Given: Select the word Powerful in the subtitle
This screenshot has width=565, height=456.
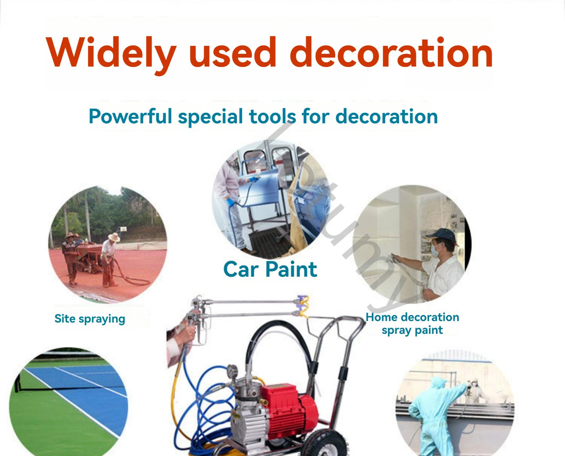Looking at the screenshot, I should tap(130, 116).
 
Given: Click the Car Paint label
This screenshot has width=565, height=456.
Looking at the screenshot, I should tap(270, 270).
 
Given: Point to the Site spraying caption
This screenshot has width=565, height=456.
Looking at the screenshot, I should tap(89, 319).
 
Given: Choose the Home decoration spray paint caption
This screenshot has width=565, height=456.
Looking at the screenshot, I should tap(412, 323).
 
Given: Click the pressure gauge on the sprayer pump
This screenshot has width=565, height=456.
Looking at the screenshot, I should tap(232, 371).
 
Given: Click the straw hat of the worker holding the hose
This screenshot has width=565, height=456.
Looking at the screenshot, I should tap(114, 238).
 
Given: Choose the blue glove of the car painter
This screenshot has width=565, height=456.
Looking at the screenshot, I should tap(231, 202).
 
